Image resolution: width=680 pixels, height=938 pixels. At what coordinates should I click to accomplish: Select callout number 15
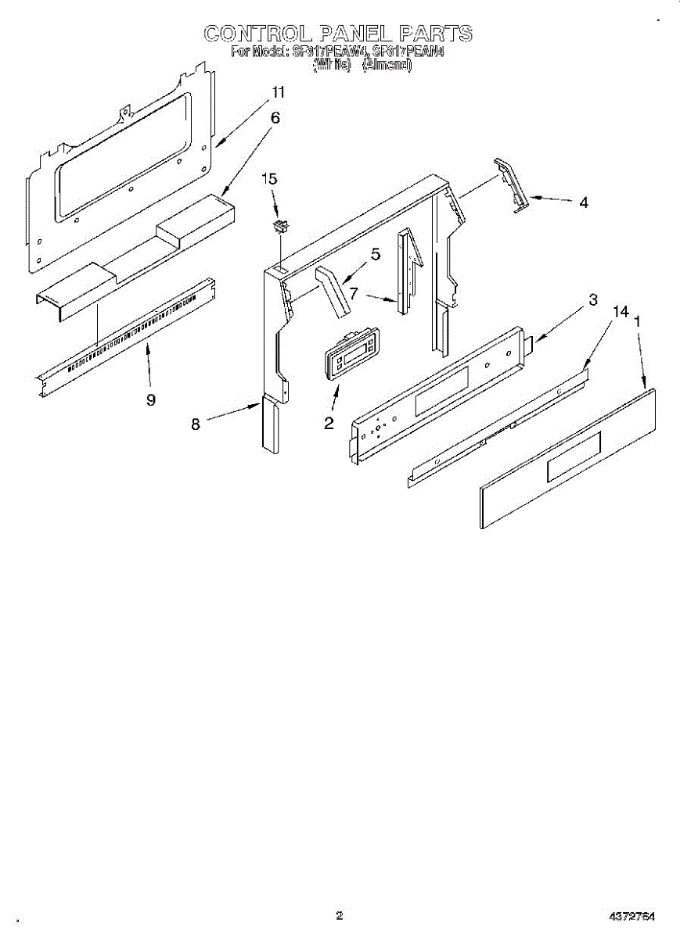[x=268, y=179]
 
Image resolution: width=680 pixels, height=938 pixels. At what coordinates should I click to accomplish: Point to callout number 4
[x=584, y=202]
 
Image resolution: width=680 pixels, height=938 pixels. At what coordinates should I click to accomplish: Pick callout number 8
[x=196, y=424]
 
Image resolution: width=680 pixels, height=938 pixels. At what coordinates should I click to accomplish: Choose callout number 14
[x=621, y=312]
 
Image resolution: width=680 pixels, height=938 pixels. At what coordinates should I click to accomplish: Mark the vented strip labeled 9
[x=125, y=331]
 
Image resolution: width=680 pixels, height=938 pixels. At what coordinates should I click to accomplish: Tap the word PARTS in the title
[x=435, y=34]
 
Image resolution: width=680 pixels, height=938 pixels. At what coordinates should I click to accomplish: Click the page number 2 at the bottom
[x=339, y=915]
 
